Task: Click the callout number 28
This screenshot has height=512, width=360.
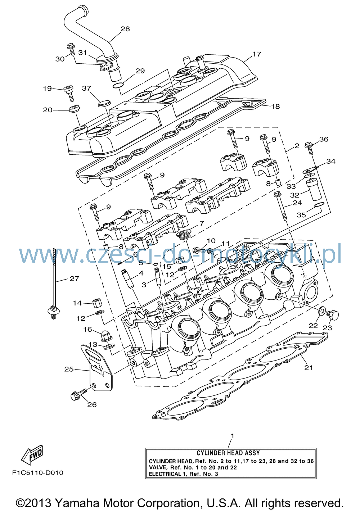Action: pos(125,29)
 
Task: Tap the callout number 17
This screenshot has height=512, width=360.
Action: pos(257,54)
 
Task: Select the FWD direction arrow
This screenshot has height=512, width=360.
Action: pos(32,455)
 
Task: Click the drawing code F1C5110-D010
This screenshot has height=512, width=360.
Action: pos(38,472)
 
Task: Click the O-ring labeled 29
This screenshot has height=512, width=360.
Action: pos(118,86)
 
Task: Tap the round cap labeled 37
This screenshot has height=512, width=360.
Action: pos(104,103)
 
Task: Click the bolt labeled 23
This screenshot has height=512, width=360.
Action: pos(333,315)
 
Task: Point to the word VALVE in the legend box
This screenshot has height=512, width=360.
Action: pos(158,467)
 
